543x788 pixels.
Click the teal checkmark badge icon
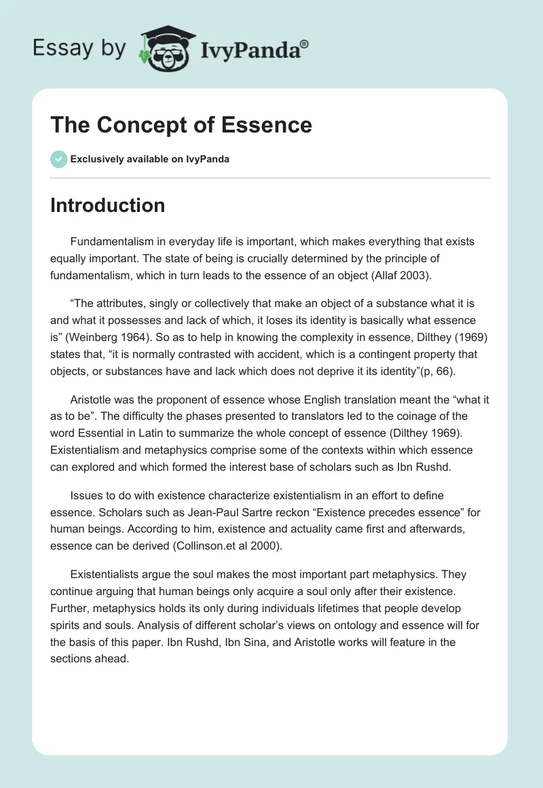click(x=58, y=159)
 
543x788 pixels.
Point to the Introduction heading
click(x=107, y=205)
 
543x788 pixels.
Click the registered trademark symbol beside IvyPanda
click(x=305, y=43)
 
